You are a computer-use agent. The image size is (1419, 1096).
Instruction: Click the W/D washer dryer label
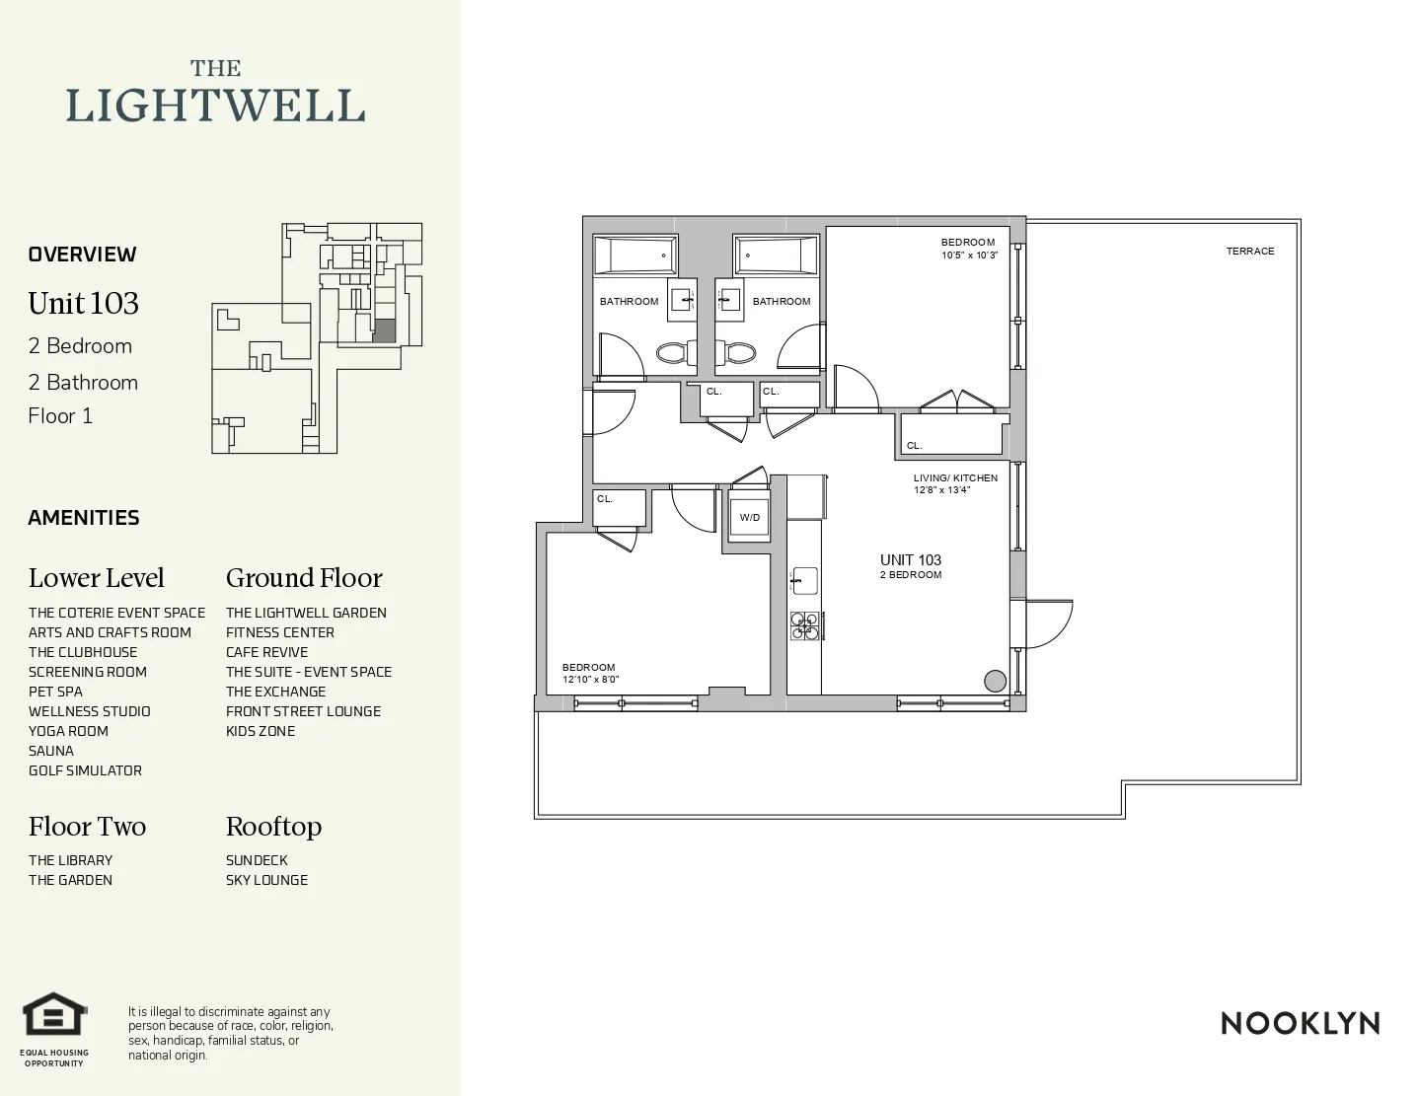750,518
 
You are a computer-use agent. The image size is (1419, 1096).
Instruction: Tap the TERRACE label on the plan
1250,252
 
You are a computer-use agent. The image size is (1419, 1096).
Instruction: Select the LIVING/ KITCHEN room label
955,478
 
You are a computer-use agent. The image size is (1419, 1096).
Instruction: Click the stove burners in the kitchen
805,625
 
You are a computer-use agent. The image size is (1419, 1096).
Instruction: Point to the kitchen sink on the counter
805,580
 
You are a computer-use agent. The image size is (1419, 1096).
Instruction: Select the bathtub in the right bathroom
776,256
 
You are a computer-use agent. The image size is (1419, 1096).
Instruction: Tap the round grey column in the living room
995,681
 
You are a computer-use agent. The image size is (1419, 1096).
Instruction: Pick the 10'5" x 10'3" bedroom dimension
970,256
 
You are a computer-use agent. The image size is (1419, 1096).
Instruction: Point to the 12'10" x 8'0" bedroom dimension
591,680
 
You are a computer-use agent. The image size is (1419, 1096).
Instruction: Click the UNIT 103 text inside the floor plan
911,560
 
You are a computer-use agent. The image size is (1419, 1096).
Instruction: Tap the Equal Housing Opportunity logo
55,1015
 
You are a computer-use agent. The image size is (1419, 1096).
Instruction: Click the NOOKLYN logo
1300,1024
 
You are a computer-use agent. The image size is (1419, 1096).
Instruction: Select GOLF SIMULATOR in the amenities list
85,770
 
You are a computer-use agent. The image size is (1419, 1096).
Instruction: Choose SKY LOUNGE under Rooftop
266,880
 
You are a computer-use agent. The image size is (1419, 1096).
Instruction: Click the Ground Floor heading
304,578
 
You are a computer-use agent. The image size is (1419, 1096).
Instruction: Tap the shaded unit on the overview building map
384,330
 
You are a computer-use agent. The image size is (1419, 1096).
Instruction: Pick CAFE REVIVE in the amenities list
266,652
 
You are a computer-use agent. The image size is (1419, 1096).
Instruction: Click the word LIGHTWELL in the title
215,106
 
